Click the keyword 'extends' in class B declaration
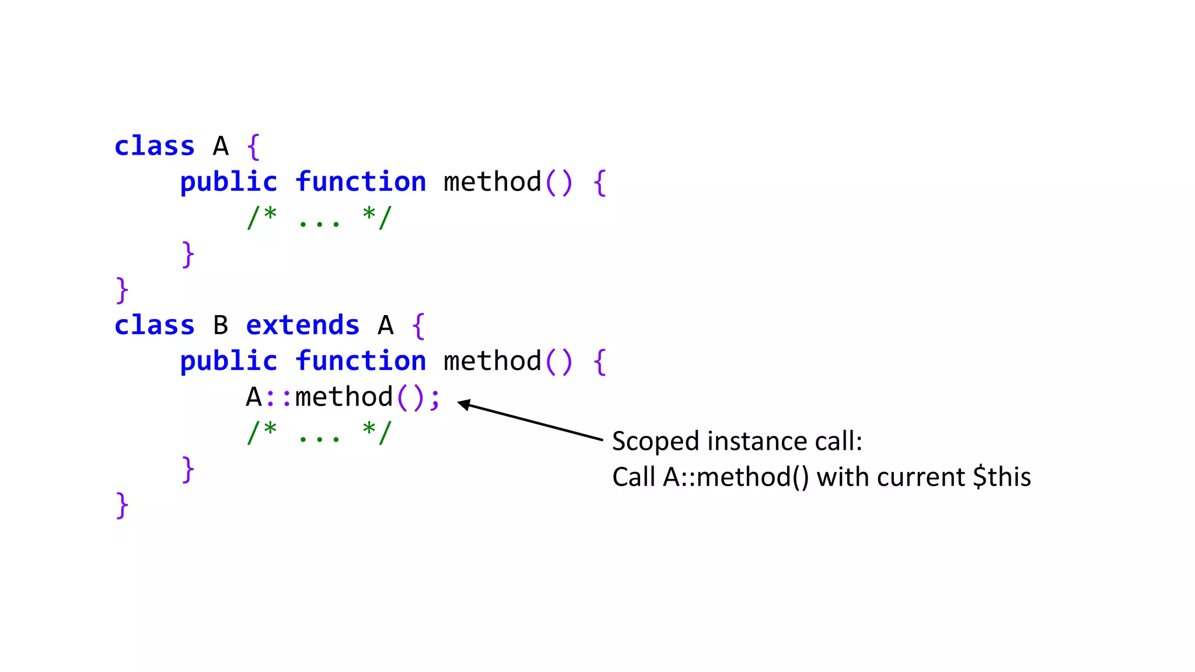tap(302, 325)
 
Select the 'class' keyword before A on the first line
tap(154, 146)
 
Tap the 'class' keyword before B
tap(154, 325)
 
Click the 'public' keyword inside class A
tap(228, 182)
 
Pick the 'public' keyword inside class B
tap(228, 361)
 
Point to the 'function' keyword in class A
tap(361, 182)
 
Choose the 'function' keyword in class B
tap(361, 361)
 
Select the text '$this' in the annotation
tap(1002, 477)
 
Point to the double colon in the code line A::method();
tap(278, 397)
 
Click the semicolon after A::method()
tap(435, 398)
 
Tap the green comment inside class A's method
tap(319, 218)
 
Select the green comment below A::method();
tap(319, 433)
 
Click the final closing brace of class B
tap(121, 505)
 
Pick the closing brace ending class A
tap(121, 290)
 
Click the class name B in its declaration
tap(221, 325)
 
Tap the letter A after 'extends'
tap(385, 325)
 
